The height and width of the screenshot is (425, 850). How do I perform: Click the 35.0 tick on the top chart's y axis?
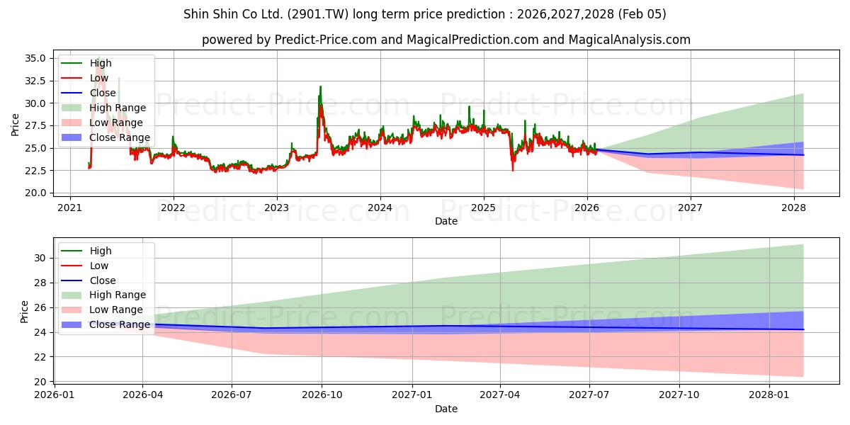pos(35,58)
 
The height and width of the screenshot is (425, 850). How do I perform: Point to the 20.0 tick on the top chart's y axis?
pos(35,193)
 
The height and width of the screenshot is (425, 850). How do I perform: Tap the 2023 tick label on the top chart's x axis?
pos(276,208)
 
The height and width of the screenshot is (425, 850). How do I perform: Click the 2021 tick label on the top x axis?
pos(69,208)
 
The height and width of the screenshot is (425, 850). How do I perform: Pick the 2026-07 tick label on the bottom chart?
pos(232,395)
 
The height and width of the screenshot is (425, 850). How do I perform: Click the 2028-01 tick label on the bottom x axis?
pos(769,395)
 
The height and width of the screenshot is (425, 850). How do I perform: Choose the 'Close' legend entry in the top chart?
pos(103,93)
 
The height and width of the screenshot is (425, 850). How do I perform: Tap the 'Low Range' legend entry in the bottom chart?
pos(116,310)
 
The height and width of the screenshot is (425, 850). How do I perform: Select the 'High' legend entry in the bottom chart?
pos(101,251)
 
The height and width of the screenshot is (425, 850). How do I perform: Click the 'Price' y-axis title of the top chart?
pos(16,125)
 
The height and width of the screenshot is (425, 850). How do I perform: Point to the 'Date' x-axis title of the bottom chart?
pos(446,409)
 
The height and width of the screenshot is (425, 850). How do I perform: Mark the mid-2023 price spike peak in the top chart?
pos(320,87)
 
